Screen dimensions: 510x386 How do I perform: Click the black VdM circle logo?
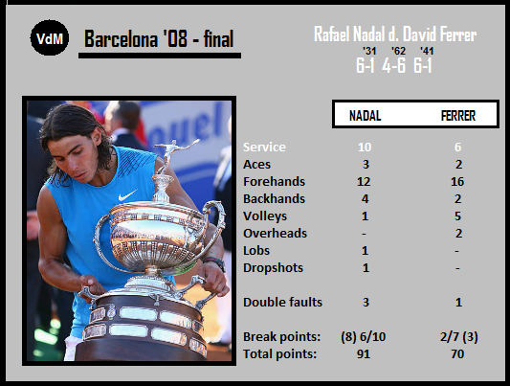tap(50, 37)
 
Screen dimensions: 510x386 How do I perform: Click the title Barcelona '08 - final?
tap(159, 39)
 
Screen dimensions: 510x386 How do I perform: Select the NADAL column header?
tap(365, 116)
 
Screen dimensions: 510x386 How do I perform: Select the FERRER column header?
tap(458, 116)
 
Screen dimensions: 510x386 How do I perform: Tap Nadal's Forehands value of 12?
tap(364, 182)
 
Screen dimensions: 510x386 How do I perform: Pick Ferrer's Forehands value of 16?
tap(457, 182)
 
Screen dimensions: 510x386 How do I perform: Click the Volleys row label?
tap(265, 216)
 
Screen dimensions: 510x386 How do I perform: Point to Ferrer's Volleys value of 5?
tap(457, 216)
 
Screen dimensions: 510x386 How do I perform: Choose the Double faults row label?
tap(282, 303)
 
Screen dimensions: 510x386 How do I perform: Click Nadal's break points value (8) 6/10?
tap(364, 337)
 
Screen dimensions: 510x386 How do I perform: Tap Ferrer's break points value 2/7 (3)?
tap(459, 337)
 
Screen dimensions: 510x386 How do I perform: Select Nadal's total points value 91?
tap(364, 354)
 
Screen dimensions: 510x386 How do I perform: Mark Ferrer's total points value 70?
tap(457, 354)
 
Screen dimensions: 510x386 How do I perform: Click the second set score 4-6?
tap(394, 66)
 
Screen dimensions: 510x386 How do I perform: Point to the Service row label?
tap(264, 148)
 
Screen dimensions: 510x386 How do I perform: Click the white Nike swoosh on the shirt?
tap(127, 195)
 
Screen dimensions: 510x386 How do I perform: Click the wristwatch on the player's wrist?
tap(214, 262)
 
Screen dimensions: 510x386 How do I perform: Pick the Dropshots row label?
tap(274, 268)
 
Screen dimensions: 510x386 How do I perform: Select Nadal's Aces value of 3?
tap(366, 165)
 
